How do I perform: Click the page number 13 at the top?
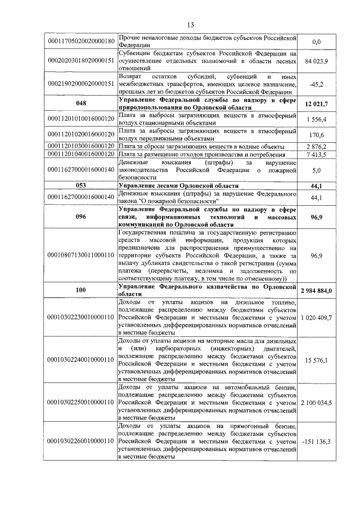tap(190, 25)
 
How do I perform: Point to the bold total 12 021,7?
tap(316, 103)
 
